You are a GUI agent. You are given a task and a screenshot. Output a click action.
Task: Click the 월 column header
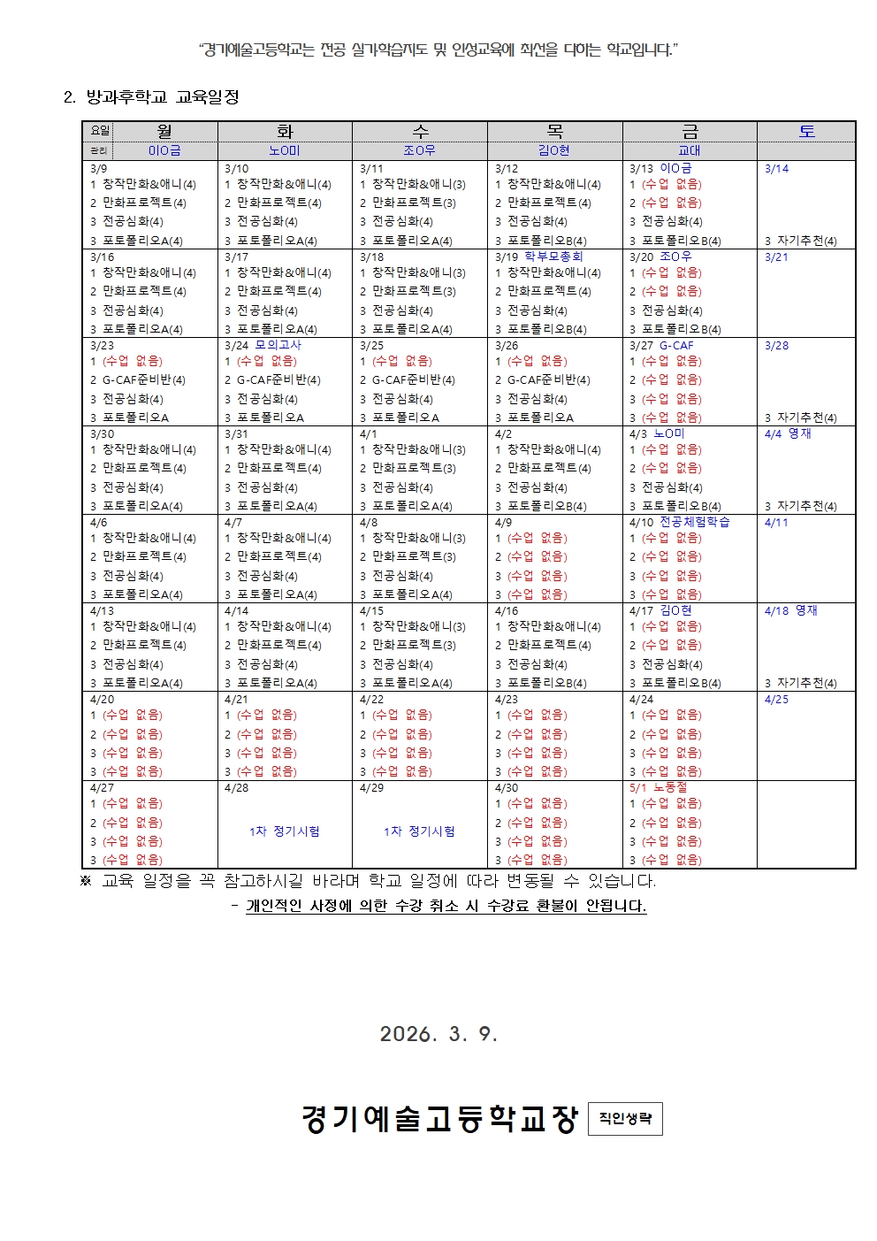click(x=164, y=131)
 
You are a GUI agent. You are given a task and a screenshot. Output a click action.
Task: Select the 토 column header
click(x=806, y=131)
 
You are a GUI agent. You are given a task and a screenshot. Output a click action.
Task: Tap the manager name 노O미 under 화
click(x=285, y=150)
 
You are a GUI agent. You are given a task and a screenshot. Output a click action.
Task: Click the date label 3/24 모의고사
click(x=263, y=345)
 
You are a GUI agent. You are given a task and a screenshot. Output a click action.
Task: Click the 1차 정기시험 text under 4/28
click(x=285, y=831)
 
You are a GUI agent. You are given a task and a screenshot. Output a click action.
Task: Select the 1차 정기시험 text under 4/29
click(x=419, y=831)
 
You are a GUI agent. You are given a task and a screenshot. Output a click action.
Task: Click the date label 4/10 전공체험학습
click(x=679, y=522)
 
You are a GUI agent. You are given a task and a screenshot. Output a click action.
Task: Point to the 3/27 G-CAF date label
click(x=661, y=345)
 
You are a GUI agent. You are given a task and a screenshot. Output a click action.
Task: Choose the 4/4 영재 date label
click(x=788, y=433)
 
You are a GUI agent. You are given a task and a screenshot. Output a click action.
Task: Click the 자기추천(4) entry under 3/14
click(x=806, y=241)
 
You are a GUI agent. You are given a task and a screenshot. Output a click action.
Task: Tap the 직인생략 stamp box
click(x=625, y=1118)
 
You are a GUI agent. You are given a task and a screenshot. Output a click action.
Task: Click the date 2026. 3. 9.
click(x=438, y=1034)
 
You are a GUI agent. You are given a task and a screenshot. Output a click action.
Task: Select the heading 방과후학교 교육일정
click(x=163, y=97)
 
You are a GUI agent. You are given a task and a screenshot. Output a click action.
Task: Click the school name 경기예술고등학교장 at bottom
click(x=439, y=1119)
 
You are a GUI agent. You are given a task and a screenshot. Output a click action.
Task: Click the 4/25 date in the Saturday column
click(x=776, y=699)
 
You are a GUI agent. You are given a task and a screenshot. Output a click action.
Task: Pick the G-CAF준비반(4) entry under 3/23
click(x=143, y=379)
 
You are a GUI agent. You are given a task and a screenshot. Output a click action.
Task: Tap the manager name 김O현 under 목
click(x=554, y=150)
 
